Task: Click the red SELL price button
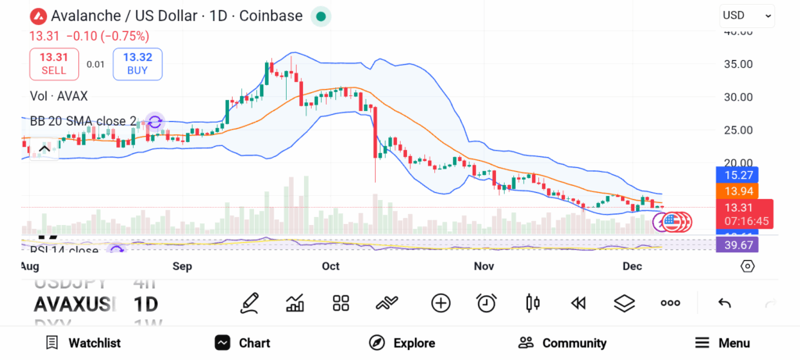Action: tap(55, 63)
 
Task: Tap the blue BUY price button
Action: tap(137, 63)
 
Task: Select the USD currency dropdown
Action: tap(746, 15)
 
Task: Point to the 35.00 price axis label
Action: tap(737, 64)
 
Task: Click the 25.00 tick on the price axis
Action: tap(737, 130)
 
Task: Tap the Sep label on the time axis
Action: tap(182, 266)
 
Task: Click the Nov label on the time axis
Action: tap(484, 266)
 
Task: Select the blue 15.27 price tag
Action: tap(737, 175)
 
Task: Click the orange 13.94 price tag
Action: tap(737, 191)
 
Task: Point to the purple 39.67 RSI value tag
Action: tap(737, 245)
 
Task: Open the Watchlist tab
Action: tap(83, 343)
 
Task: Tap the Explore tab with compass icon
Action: tap(402, 343)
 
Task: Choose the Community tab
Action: tap(562, 343)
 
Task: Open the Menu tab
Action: tap(723, 343)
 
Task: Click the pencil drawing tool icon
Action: tap(249, 303)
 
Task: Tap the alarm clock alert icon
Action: tap(487, 303)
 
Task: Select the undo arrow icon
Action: tap(724, 303)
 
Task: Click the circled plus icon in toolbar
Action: tap(441, 303)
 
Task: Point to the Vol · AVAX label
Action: tap(59, 96)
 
